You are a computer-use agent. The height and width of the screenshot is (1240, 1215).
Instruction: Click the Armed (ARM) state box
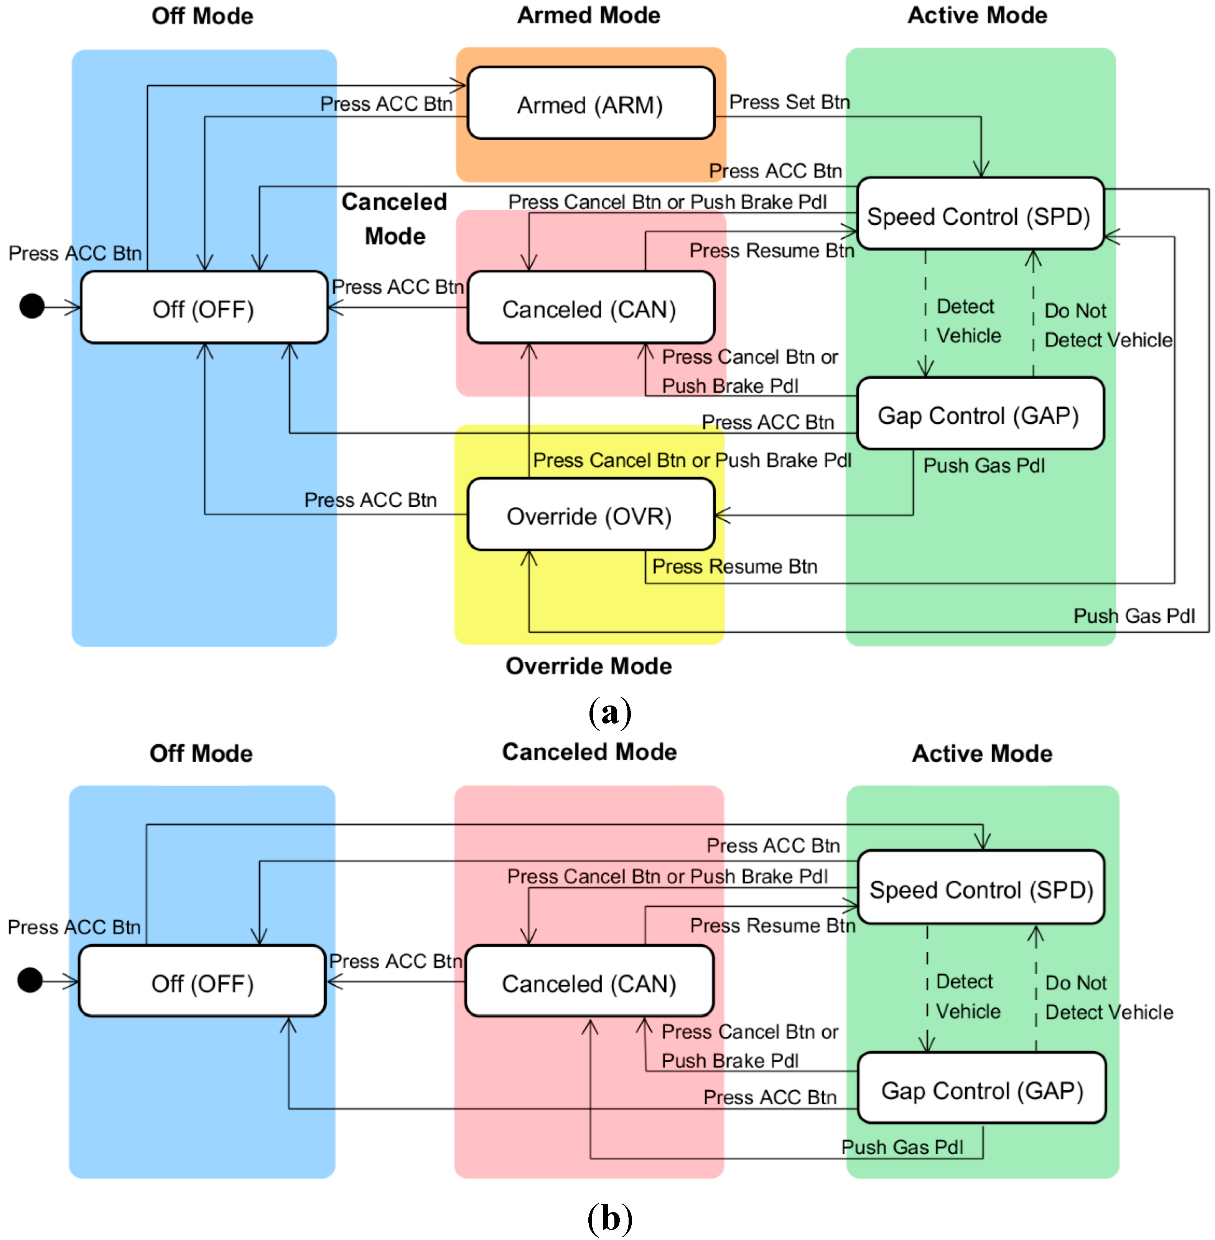590,104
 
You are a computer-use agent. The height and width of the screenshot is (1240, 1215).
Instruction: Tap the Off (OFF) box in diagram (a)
204,308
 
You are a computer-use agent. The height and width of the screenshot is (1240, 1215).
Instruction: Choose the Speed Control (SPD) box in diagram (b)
981,888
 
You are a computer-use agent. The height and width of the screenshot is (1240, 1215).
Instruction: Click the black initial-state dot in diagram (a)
32,306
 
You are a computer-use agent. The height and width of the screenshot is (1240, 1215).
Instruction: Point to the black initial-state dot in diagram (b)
30,980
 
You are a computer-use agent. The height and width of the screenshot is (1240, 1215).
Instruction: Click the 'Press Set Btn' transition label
789,102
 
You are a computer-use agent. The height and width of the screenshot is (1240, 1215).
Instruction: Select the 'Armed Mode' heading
588,15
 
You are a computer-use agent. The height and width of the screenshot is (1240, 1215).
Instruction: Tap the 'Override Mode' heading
588,665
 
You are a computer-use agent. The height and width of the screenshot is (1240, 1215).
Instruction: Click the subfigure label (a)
609,712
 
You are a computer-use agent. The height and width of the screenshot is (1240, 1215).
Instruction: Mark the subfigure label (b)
609,1218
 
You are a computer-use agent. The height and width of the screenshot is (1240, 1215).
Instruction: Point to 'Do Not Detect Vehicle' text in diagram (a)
1107,325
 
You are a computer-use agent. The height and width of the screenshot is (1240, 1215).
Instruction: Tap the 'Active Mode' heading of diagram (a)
977,15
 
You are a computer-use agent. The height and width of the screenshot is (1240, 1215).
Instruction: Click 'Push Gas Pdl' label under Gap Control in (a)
983,465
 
